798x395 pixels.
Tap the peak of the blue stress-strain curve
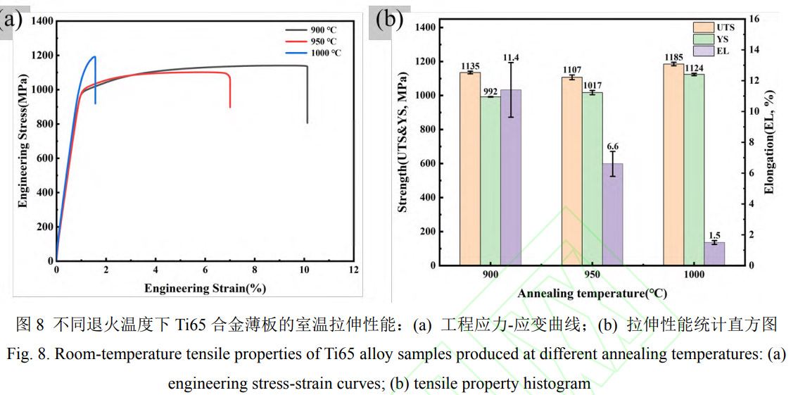click(x=94, y=57)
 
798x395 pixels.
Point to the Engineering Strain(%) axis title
click(x=205, y=288)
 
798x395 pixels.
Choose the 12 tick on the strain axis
click(x=353, y=270)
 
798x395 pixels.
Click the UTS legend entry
click(x=726, y=27)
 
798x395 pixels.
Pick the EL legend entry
click(x=723, y=51)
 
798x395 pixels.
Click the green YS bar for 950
click(x=592, y=179)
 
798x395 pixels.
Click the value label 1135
click(x=470, y=66)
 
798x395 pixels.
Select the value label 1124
click(x=694, y=68)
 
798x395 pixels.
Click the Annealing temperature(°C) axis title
click(x=592, y=294)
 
